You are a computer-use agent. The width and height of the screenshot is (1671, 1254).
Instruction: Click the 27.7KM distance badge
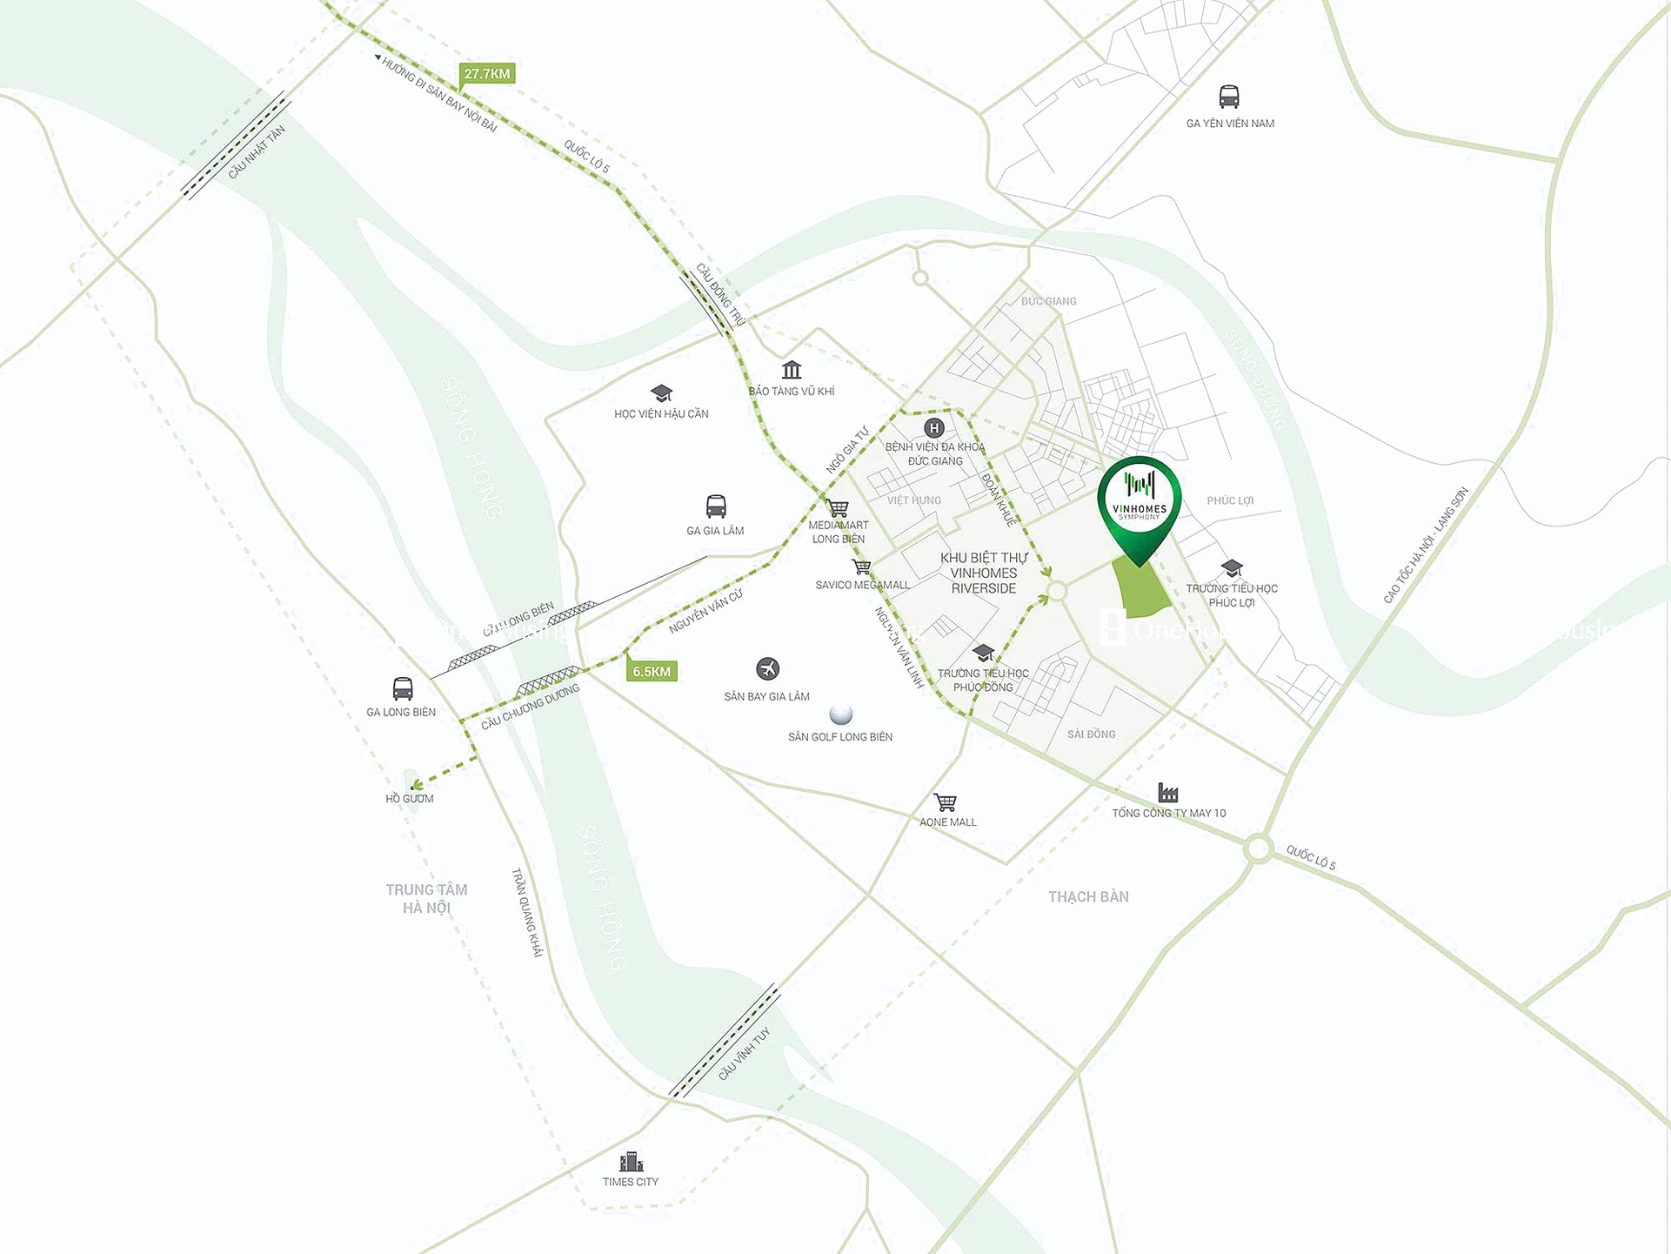[x=487, y=74]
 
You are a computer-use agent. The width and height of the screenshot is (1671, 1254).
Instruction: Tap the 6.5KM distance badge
[x=652, y=671]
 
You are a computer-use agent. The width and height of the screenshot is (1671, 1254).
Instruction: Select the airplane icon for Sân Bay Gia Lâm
[x=767, y=668]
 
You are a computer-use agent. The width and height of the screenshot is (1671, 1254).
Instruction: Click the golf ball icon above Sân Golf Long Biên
[x=840, y=714]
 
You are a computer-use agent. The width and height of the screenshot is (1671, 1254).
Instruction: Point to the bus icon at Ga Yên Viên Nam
[x=1228, y=96]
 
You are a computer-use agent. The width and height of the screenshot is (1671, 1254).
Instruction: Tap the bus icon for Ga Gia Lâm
[x=716, y=506]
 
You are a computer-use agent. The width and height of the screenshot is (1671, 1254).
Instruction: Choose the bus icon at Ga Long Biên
[x=402, y=688]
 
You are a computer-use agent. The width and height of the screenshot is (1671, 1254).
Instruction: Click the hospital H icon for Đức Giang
[x=933, y=427]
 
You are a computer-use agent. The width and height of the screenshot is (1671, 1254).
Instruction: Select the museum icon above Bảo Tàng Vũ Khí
[x=792, y=370]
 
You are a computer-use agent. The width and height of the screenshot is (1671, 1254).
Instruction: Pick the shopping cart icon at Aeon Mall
[x=945, y=801]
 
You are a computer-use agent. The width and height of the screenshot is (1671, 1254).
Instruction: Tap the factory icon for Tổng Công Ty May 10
[x=1168, y=792]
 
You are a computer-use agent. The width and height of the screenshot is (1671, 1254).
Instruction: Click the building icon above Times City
[x=631, y=1161]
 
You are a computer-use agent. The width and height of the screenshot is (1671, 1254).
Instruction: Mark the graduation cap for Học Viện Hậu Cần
[x=661, y=392]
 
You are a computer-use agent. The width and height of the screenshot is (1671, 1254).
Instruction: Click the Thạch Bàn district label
[x=1088, y=896]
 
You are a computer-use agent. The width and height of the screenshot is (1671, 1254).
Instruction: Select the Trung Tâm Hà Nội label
[x=426, y=898]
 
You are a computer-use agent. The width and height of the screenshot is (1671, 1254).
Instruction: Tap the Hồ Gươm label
[x=409, y=798]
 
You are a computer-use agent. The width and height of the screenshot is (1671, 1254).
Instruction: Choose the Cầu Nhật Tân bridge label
[x=257, y=153]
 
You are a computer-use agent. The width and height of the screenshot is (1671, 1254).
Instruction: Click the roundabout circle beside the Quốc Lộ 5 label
[x=1258, y=848]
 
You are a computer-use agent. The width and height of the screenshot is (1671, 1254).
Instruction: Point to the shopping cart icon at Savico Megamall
[x=861, y=567]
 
